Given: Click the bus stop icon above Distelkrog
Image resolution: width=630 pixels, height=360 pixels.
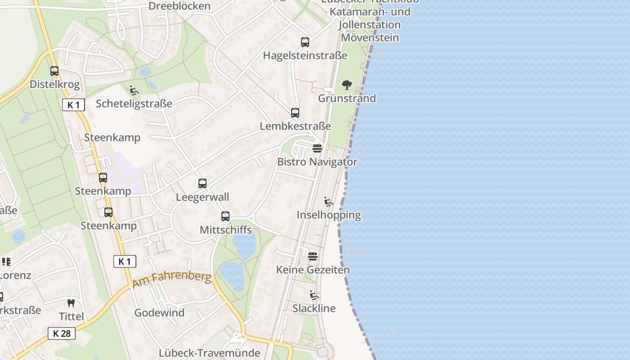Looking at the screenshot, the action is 54,71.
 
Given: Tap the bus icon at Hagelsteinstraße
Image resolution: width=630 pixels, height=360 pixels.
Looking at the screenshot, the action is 305,42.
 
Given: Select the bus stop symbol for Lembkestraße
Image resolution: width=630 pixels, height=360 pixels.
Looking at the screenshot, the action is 295,113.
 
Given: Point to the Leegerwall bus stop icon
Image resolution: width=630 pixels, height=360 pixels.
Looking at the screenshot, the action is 202,184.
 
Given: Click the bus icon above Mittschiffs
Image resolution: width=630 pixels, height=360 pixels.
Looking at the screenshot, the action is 225,216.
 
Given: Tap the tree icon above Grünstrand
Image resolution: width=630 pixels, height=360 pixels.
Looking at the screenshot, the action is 346,85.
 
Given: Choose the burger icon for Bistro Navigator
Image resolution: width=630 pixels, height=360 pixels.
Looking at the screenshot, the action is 317,148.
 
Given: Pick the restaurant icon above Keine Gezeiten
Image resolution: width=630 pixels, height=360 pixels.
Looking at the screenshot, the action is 313,256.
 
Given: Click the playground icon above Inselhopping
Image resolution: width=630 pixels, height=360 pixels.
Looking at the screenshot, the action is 328,202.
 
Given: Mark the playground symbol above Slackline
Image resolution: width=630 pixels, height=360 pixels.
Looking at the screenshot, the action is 314,295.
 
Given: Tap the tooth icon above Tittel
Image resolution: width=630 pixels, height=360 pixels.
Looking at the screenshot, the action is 71,303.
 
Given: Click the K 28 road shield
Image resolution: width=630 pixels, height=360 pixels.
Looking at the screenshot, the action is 62,333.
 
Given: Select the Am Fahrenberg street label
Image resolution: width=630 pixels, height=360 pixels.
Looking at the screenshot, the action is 172,279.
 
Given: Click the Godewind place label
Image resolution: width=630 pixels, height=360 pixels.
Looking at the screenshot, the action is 159,313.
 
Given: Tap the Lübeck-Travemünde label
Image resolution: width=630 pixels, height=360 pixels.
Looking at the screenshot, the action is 210,353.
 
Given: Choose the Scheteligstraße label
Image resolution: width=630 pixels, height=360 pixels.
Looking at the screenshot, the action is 134,103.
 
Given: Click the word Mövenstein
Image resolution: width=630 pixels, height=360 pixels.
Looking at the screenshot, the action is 370,37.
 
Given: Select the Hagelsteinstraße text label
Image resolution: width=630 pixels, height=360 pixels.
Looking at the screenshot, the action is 305,55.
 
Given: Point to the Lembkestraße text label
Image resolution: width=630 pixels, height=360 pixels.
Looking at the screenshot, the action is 295,126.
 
